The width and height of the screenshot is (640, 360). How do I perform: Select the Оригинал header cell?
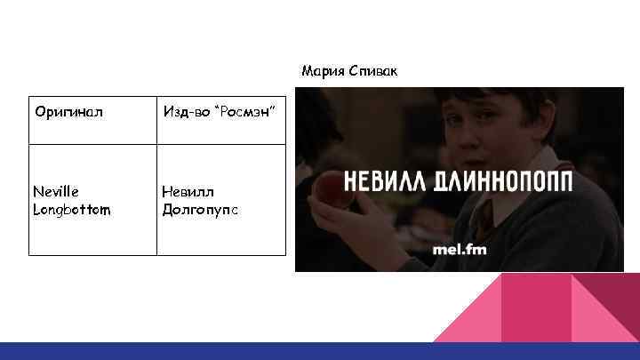click(69, 112)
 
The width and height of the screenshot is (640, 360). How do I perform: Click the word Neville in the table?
click(56, 191)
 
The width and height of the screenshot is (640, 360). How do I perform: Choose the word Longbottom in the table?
click(72, 210)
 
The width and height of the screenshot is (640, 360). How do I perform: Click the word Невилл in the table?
click(188, 191)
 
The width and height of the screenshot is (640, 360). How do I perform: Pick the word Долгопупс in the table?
click(200, 210)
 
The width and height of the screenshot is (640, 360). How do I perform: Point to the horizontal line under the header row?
click(157, 142)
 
